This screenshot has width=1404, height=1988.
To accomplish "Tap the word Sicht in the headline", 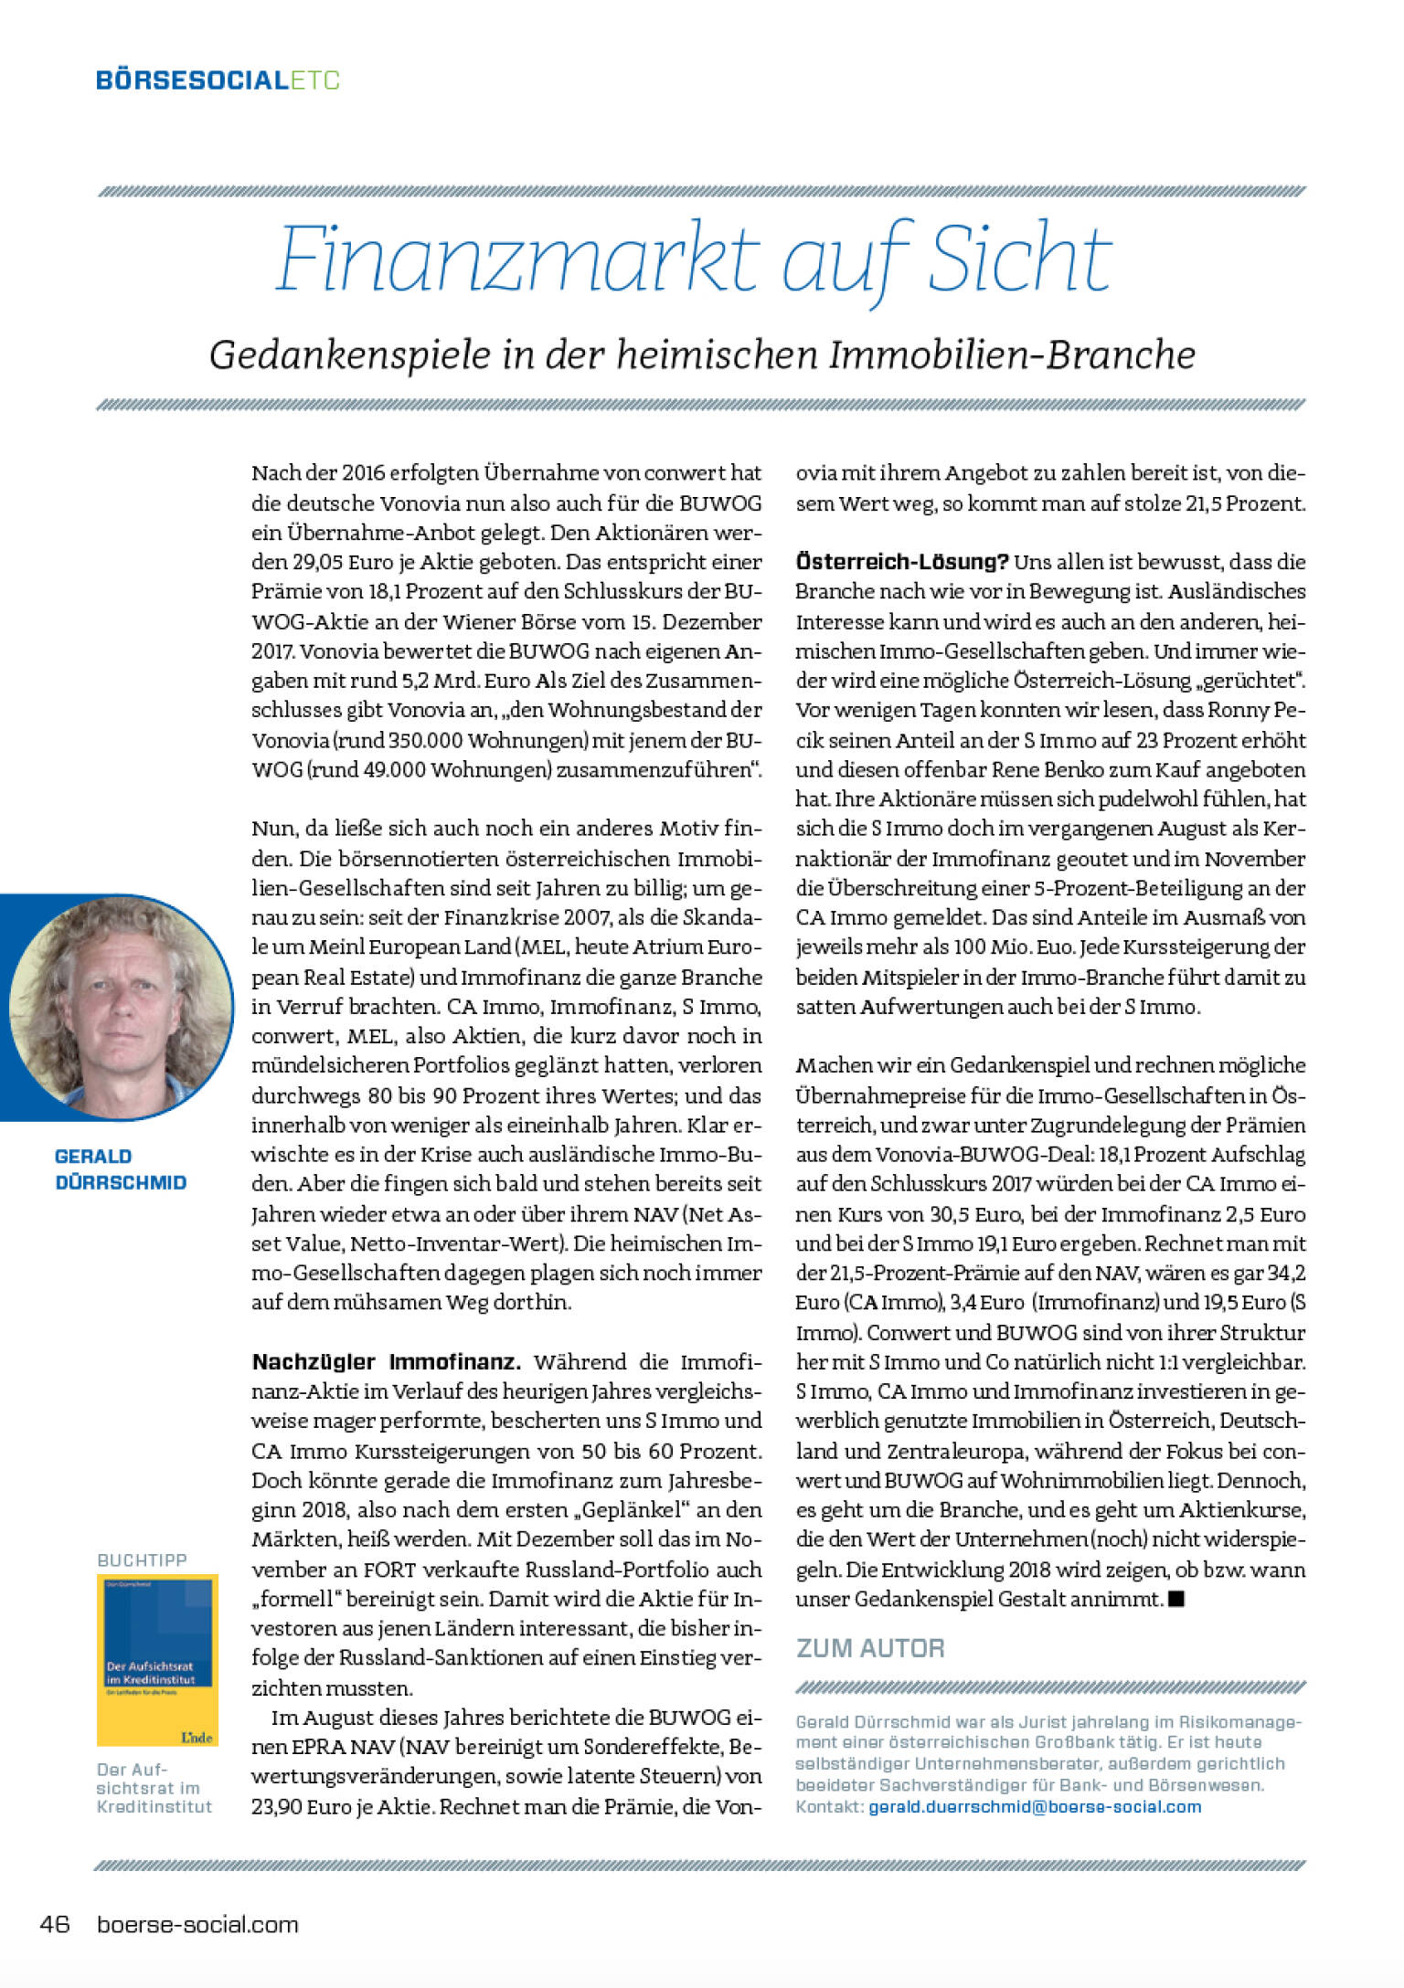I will (x=1020, y=259).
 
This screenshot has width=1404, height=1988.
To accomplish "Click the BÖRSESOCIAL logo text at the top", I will (x=192, y=80).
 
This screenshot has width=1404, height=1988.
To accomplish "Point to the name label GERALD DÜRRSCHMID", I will (x=120, y=1169).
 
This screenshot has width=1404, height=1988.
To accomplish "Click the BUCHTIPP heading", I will (x=142, y=1560).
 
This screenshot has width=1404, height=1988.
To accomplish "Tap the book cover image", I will (x=157, y=1659).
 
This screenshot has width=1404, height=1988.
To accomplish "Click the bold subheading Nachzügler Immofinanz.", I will (x=386, y=1362).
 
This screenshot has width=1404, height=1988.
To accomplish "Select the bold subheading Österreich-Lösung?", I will (x=901, y=561).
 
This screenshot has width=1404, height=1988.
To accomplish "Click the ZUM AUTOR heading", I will (x=870, y=1648).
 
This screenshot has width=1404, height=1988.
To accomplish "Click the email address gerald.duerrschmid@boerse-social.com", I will (x=1035, y=1806).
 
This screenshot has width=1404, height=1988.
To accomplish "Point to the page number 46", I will (x=55, y=1923).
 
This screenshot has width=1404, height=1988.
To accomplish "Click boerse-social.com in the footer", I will (x=197, y=1924).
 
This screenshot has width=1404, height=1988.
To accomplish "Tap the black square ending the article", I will (x=1176, y=1599).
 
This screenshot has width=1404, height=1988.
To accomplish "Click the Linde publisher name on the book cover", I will (x=197, y=1737).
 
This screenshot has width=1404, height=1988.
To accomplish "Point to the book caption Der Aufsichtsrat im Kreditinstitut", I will (x=154, y=1788).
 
